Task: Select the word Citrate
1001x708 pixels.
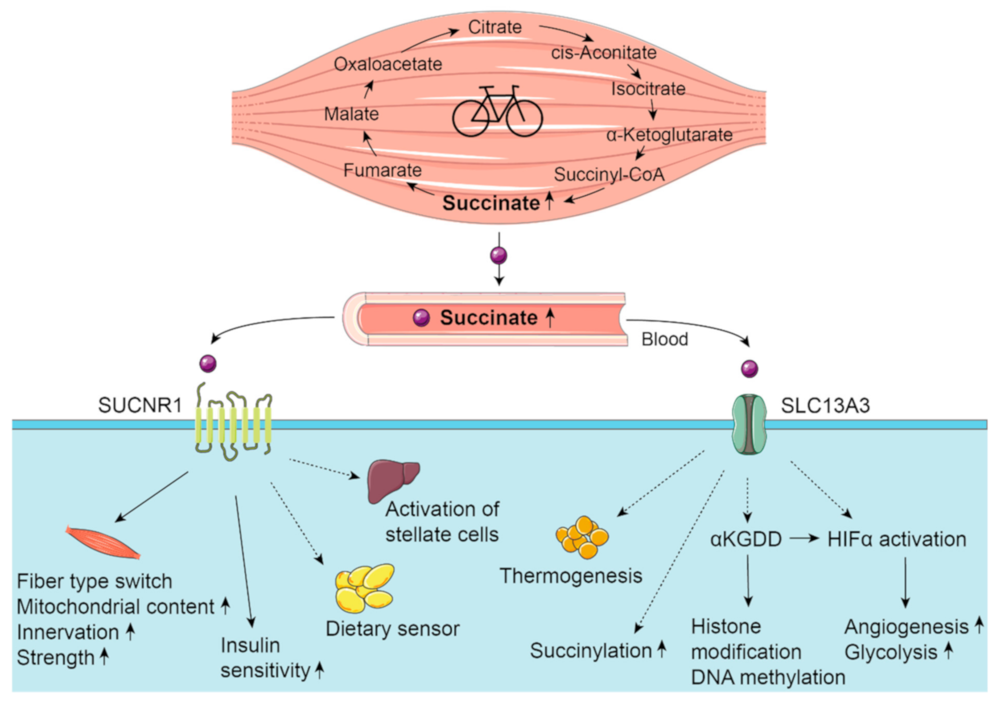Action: pos(495,27)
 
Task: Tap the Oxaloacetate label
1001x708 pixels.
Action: pos(388,64)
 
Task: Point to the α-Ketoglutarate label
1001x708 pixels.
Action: pos(669,135)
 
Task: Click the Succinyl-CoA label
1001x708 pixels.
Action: pos(609,175)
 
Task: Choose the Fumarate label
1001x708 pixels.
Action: pos(382,170)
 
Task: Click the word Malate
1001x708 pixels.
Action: pos(351,114)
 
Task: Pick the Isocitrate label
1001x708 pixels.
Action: pos(648,89)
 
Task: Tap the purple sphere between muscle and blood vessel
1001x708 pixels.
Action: pos(499,255)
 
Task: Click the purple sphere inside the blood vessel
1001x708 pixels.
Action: pos(421,318)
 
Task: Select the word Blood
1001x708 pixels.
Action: pos(665,339)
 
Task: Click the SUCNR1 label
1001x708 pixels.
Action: pos(140,405)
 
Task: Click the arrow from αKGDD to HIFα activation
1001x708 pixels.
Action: pos(805,538)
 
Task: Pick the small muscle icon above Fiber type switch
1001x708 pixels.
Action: pos(103,542)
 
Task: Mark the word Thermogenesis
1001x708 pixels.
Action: pos(571,575)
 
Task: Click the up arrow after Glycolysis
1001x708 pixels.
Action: pos(948,651)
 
